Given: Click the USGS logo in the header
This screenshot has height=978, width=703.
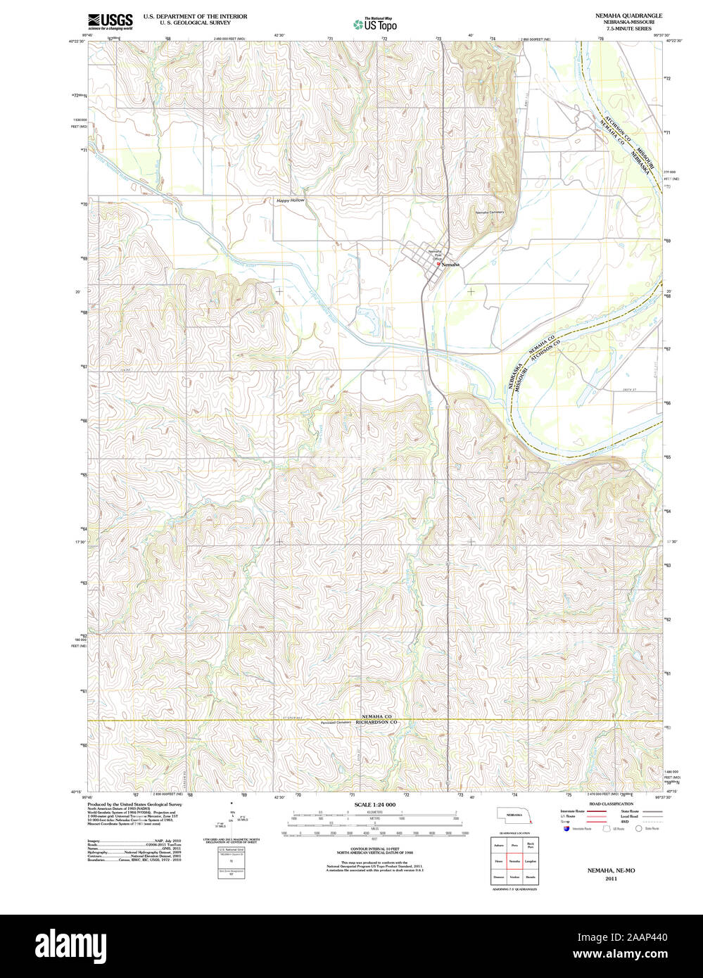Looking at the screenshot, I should click(110, 21).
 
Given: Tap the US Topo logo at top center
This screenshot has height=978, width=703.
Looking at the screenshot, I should click(375, 25).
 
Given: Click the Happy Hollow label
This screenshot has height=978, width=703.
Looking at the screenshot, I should click(291, 201).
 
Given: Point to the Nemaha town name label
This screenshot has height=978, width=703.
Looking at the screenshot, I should click(450, 265).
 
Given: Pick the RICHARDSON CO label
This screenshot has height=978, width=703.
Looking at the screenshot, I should click(376, 723).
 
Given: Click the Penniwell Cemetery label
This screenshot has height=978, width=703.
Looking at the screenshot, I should click(336, 723).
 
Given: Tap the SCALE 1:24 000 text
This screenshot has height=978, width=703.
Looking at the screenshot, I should click(374, 804).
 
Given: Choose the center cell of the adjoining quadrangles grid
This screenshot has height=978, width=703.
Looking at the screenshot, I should click(514, 860).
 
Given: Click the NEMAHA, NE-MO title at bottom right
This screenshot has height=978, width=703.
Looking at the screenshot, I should click(611, 870).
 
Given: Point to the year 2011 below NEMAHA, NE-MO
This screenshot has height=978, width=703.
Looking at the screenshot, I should click(611, 878).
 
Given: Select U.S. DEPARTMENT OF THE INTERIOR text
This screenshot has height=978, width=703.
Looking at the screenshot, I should click(195, 15).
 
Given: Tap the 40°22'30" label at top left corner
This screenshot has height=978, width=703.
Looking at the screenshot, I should click(77, 42).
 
